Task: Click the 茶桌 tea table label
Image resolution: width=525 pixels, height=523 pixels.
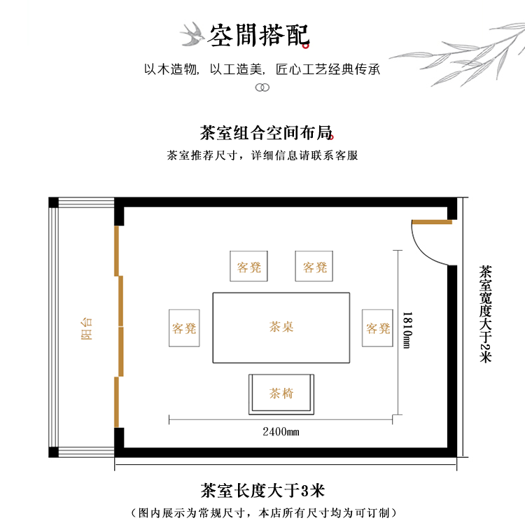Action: click(x=281, y=327)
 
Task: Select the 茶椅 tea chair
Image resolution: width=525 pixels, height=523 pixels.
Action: click(x=281, y=394)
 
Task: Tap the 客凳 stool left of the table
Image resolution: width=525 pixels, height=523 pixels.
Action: click(x=184, y=328)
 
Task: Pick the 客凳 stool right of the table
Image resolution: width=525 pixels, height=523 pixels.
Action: click(x=378, y=328)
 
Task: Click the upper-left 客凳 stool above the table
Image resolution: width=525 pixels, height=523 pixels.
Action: click(x=248, y=267)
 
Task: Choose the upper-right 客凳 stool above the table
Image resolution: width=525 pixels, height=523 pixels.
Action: click(x=314, y=267)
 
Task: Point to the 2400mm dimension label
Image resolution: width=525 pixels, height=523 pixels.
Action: click(x=281, y=431)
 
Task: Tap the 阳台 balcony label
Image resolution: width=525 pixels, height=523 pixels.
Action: click(x=87, y=328)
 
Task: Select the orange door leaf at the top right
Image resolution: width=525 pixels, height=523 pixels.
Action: click(x=432, y=223)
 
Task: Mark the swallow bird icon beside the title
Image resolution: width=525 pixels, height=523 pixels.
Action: click(x=191, y=33)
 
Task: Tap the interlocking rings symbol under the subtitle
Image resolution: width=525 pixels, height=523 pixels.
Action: click(x=262, y=88)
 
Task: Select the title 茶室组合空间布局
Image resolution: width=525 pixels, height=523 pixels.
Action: click(x=265, y=133)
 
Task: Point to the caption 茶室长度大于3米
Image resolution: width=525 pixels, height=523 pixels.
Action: click(x=264, y=488)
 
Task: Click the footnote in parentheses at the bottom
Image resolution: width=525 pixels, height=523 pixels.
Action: click(x=263, y=512)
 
